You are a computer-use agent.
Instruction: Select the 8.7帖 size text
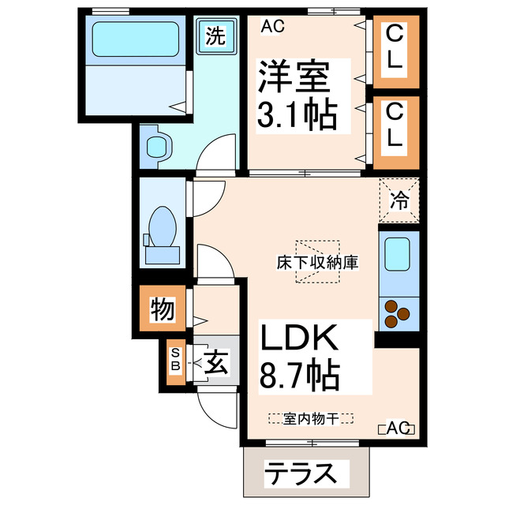300,375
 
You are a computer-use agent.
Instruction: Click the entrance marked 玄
215,363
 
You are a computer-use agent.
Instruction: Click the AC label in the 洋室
271,26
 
